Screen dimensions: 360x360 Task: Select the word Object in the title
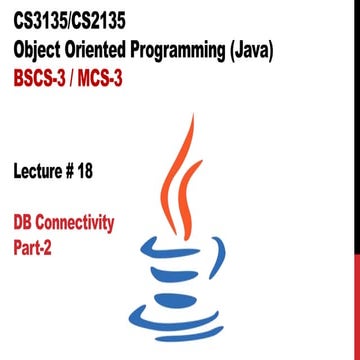[x=41, y=49]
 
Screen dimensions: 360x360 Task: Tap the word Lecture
[x=46, y=169]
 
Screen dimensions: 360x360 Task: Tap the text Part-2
[x=37, y=242]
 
